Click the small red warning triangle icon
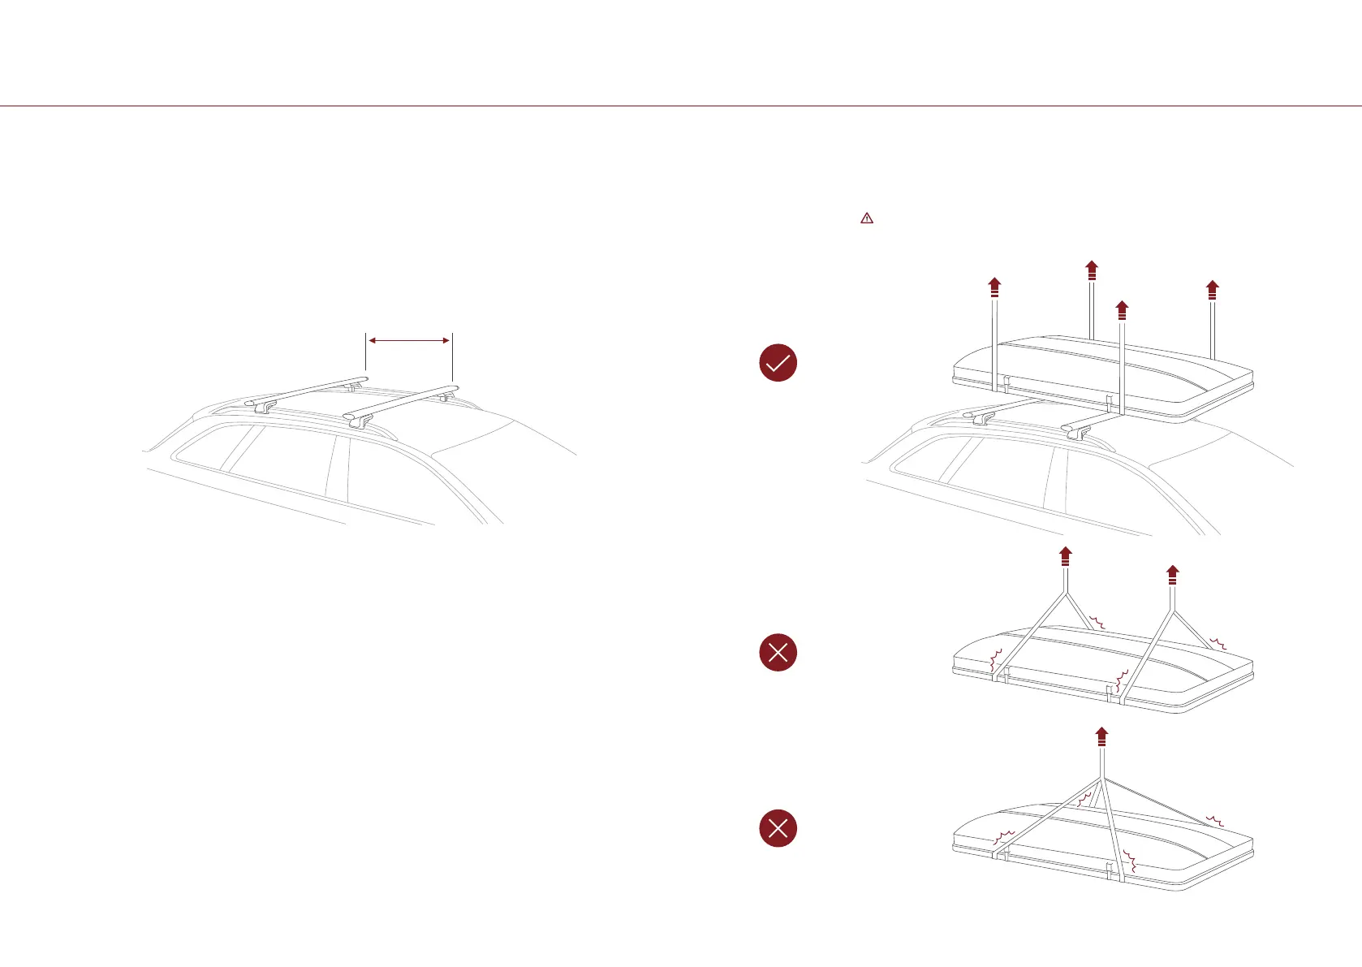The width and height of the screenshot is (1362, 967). point(867,218)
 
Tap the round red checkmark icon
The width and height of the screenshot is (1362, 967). point(778,363)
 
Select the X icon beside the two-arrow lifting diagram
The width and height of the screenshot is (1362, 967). point(778,652)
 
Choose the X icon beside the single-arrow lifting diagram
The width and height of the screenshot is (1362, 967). point(778,828)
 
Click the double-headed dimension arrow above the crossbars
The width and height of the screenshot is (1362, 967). point(409,341)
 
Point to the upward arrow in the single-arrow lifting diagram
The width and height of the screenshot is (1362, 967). point(1101,737)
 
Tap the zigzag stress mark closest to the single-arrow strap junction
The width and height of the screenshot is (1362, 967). point(1084,800)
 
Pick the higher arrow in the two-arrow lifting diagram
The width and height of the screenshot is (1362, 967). point(1066,557)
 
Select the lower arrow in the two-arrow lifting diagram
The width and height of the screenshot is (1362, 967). point(1172,576)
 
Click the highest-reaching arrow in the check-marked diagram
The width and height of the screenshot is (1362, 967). point(1092,270)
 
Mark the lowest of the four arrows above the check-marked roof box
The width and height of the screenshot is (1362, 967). point(1122,310)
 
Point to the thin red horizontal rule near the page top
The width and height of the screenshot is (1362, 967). point(681,106)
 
